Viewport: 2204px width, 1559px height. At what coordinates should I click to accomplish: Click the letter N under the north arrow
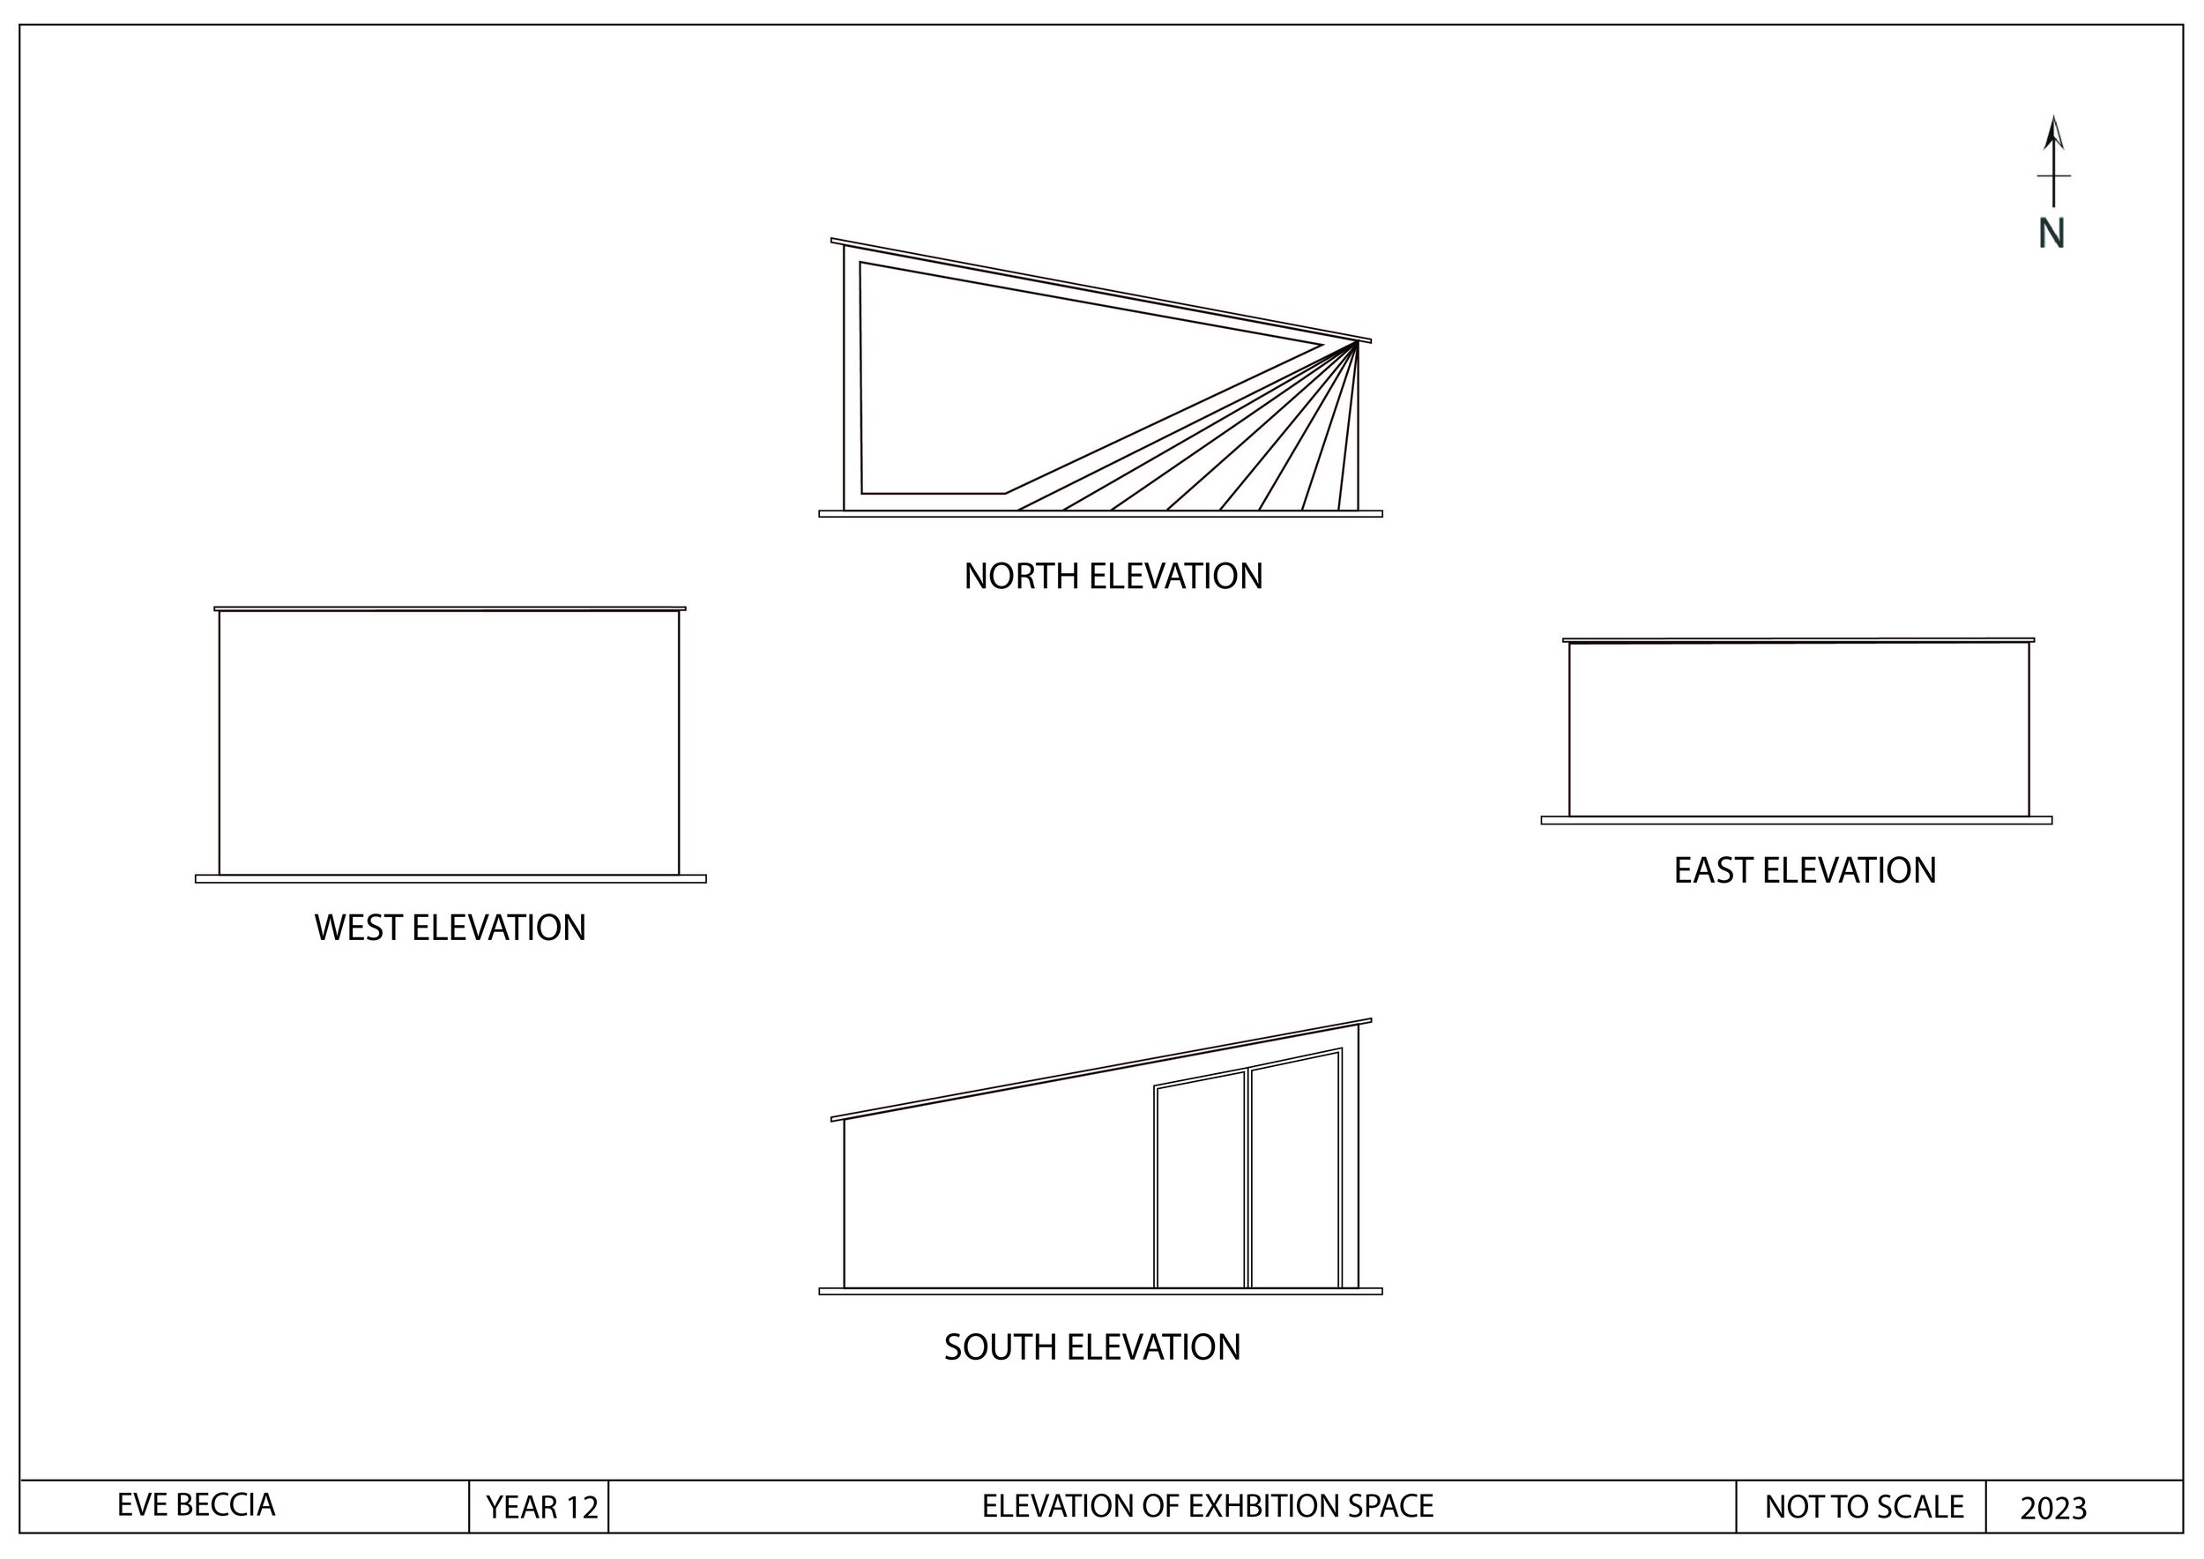click(x=2051, y=234)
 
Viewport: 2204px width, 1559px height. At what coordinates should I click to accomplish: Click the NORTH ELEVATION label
click(x=1113, y=577)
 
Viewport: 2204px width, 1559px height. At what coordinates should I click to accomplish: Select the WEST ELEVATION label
click(x=450, y=929)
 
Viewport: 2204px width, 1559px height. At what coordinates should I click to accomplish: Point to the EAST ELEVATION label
click(x=1805, y=870)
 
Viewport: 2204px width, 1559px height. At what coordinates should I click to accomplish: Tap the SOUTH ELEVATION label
click(x=1091, y=1347)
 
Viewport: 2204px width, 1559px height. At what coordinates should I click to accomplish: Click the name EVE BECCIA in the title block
click(x=196, y=1505)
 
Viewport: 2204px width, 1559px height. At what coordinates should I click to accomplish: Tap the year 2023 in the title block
click(x=2053, y=1509)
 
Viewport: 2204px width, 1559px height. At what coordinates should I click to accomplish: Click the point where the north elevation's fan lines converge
click(x=1355, y=344)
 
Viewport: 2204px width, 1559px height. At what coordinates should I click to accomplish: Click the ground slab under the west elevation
click(x=450, y=879)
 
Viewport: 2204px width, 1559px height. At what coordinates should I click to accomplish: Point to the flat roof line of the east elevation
click(x=1798, y=640)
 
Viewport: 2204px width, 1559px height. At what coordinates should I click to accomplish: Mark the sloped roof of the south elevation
click(x=1100, y=1070)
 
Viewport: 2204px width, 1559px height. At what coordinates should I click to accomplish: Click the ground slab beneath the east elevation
click(x=1796, y=821)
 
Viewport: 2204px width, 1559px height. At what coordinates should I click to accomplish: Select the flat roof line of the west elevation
click(x=450, y=608)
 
